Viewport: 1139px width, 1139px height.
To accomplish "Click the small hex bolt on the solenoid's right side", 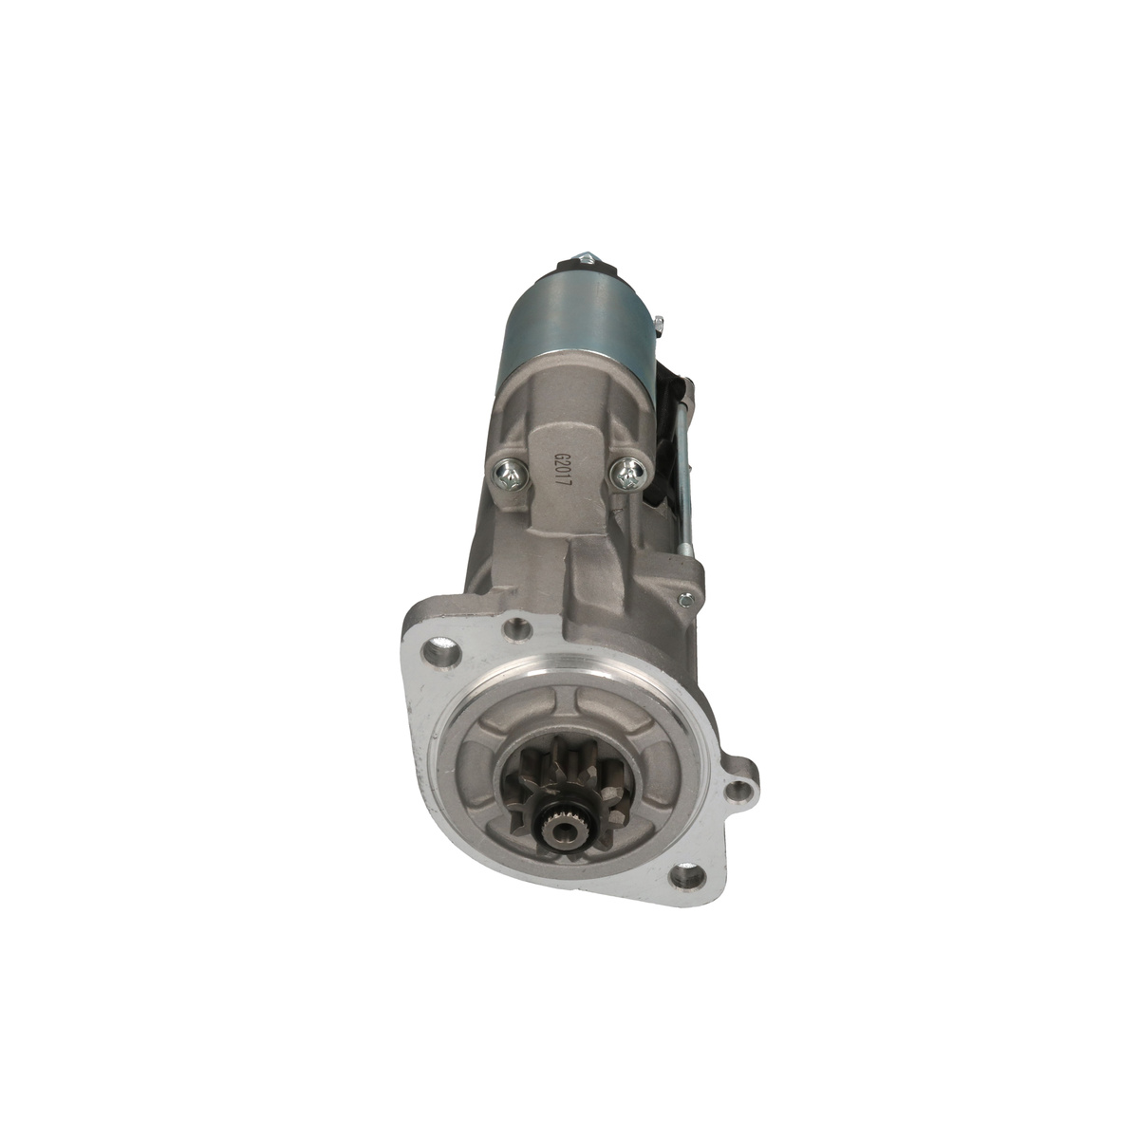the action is coord(660,322).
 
